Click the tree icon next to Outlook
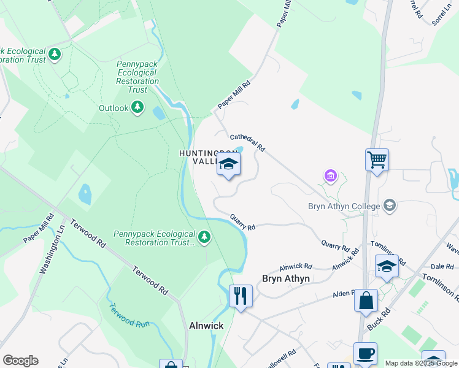pos(138,108)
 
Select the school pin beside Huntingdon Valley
pos(228,164)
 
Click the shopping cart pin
pos(377,160)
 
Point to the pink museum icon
pos(331,177)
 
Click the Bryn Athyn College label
pos(343,205)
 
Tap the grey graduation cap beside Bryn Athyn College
pos(389,205)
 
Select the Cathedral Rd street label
pos(247,143)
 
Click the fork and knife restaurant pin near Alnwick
pos(241,296)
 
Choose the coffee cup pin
pos(366,354)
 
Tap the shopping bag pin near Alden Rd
pos(366,301)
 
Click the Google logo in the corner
pos(20,360)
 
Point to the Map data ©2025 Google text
pos(421,363)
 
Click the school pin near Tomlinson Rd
pos(387,267)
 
